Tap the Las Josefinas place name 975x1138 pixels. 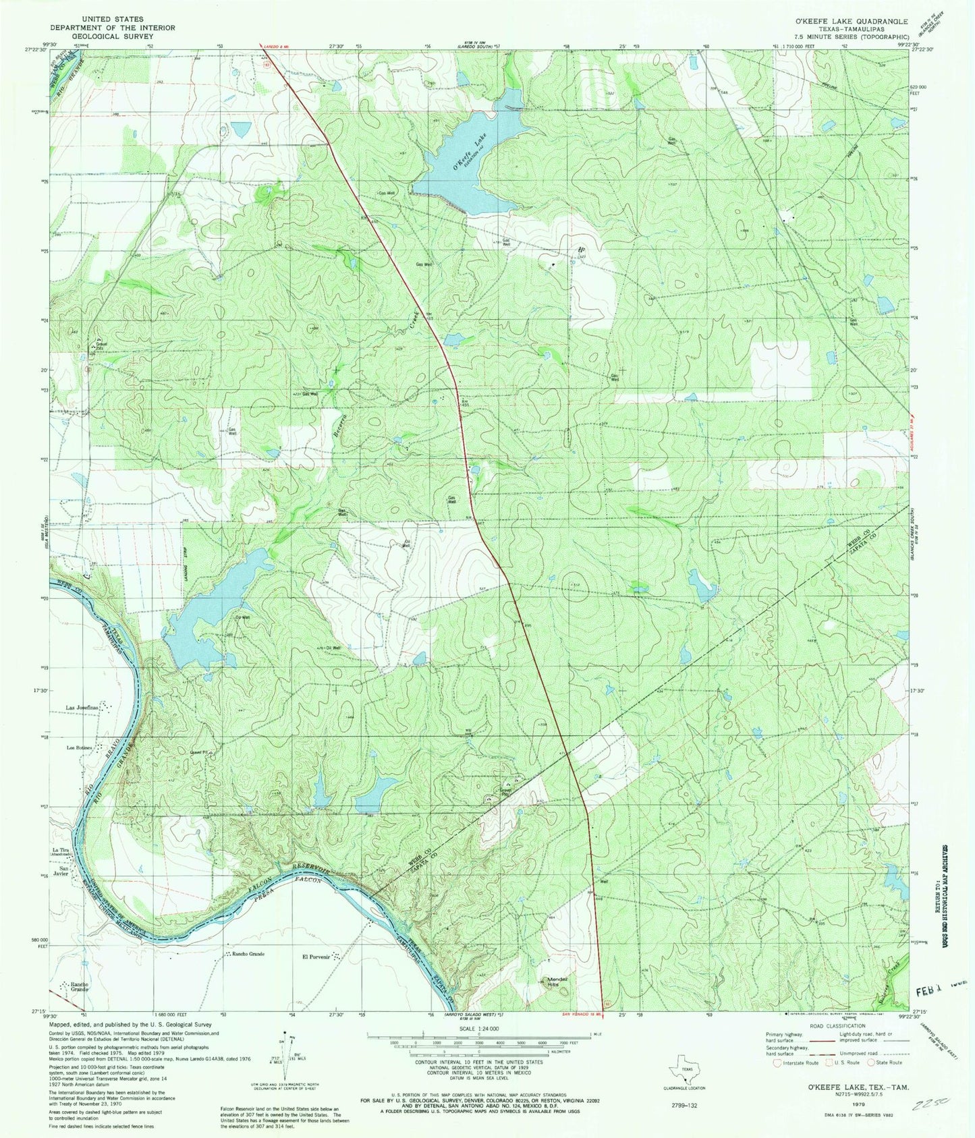[82, 707]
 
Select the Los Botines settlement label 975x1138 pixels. [78, 748]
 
